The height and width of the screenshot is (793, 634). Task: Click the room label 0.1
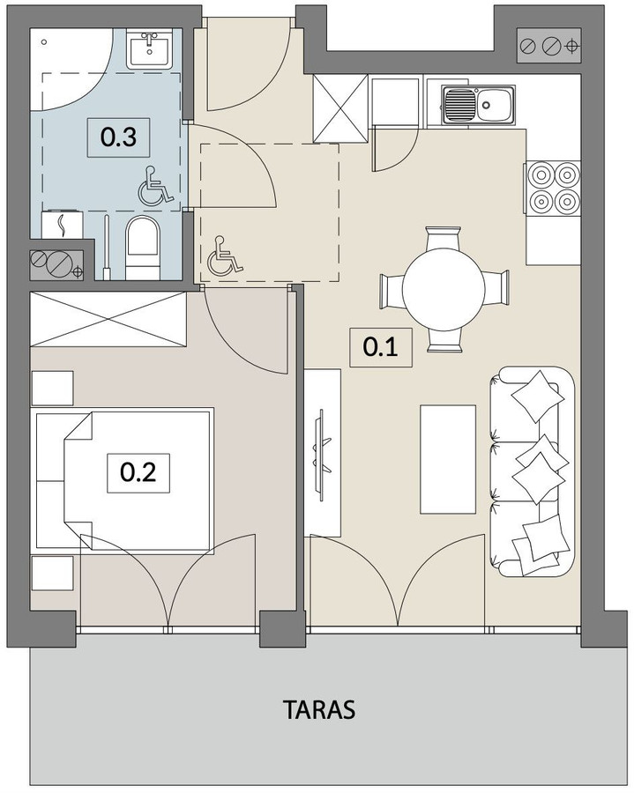click(381, 347)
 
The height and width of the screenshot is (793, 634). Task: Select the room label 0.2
click(138, 472)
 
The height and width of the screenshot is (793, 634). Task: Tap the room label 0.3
click(118, 137)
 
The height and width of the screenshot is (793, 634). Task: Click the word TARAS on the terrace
click(319, 709)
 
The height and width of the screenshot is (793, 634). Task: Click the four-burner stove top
click(553, 189)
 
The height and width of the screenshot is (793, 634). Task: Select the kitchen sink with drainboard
click(478, 105)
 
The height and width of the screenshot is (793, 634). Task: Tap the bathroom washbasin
click(149, 48)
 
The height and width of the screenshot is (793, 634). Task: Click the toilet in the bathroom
click(143, 248)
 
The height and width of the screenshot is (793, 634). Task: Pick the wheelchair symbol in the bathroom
click(155, 187)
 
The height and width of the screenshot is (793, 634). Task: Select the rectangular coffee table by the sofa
click(448, 459)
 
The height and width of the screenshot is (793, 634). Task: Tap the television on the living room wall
click(321, 453)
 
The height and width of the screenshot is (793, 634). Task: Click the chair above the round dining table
click(444, 238)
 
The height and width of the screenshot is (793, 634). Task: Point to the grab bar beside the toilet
click(107, 248)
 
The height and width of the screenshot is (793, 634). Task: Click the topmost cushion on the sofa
click(537, 396)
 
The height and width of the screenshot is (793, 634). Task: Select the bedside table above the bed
click(53, 388)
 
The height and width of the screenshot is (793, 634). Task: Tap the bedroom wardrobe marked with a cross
click(108, 319)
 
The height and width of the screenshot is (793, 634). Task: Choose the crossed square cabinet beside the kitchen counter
click(340, 108)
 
